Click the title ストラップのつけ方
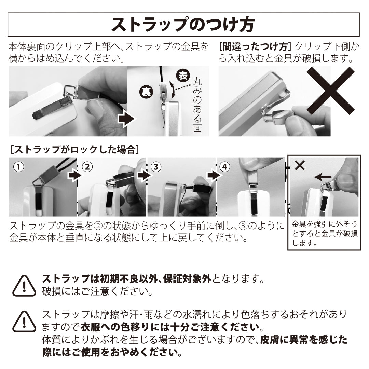coord(183,24)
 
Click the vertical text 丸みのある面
coord(198,104)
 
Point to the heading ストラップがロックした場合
coord(74,149)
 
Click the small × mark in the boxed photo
coord(299,166)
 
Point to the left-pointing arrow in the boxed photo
coord(323,177)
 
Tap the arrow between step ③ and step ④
coord(213,175)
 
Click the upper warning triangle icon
coord(24,286)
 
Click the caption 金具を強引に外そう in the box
coord(325,225)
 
